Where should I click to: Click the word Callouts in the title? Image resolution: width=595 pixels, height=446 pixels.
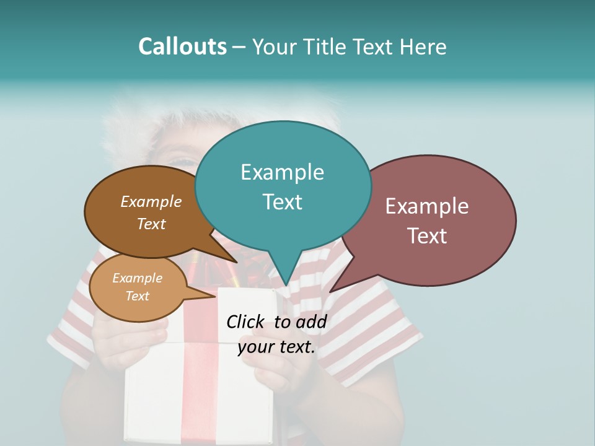[182, 46]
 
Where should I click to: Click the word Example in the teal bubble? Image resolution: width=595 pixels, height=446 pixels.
[282, 172]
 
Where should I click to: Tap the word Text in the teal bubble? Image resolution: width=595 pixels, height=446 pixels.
[282, 202]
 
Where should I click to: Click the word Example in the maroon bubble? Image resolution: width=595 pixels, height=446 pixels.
[427, 206]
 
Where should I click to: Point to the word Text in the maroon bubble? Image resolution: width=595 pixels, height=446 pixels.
[427, 236]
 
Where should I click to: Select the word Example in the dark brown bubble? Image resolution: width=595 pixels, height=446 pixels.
[151, 202]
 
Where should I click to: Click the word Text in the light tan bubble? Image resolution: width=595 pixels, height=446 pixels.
[138, 296]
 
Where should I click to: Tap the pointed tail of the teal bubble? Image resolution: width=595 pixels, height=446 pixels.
[284, 276]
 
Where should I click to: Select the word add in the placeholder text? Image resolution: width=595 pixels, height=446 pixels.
[311, 321]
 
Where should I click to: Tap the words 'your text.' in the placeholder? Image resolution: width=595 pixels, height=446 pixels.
[276, 347]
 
